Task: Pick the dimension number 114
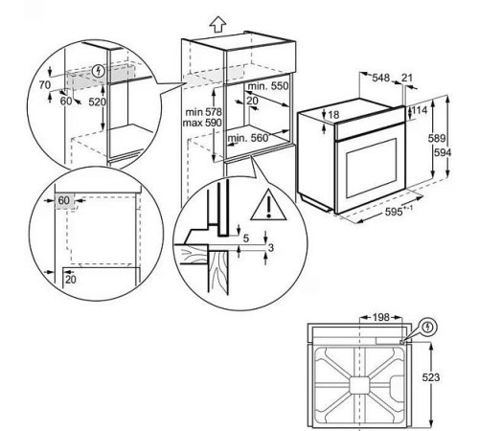tap(420, 111)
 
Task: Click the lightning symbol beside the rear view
tap(429, 326)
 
